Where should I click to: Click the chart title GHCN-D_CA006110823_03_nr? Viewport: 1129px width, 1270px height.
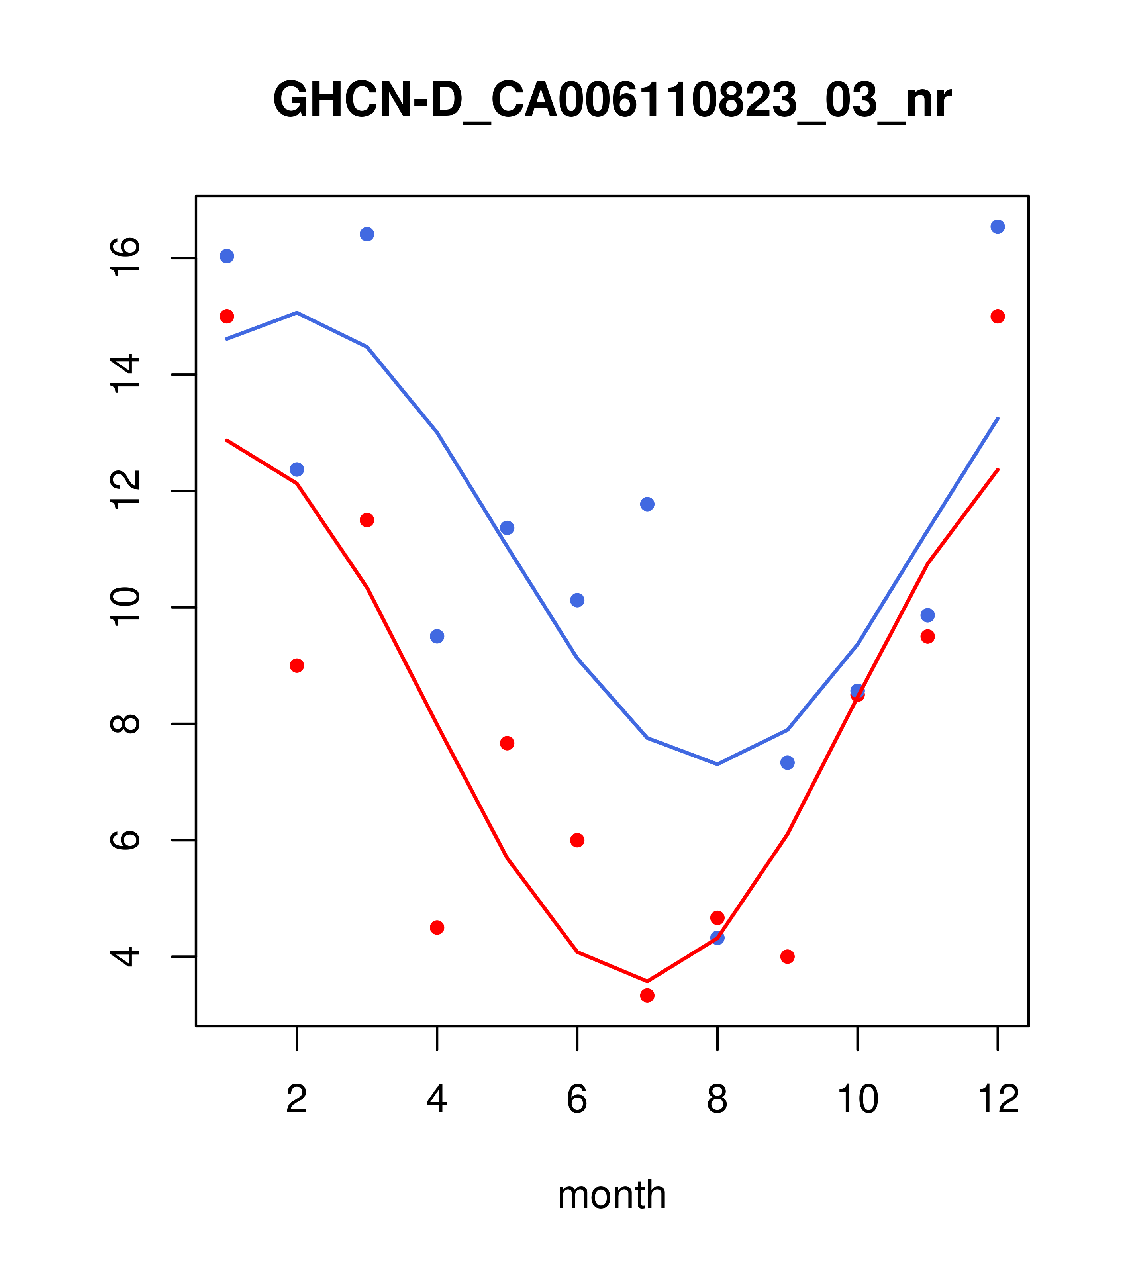point(612,100)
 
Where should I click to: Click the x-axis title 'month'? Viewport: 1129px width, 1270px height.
point(612,1195)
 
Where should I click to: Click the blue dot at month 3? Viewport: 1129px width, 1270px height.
point(367,234)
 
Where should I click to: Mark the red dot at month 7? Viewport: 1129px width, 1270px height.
point(647,996)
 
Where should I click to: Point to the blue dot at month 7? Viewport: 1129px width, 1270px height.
point(647,504)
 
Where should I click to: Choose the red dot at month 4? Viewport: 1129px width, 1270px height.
point(437,928)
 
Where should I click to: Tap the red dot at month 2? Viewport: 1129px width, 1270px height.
point(297,665)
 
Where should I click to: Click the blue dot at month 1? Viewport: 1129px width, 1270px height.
point(227,256)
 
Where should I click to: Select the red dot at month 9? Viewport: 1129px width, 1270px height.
point(787,956)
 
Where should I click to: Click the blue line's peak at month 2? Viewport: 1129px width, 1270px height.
point(297,313)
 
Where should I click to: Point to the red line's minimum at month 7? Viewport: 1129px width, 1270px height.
point(647,982)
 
